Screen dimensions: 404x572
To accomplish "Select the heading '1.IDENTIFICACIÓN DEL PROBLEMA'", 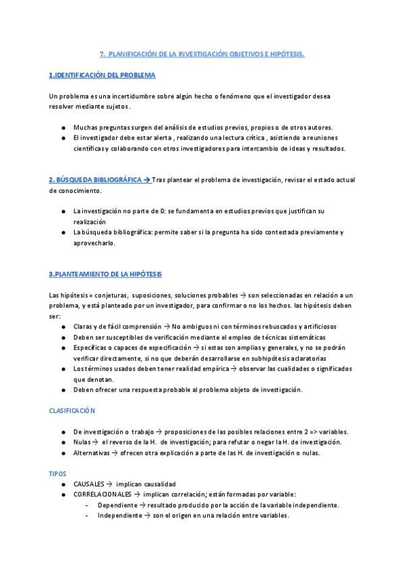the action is coord(102,75).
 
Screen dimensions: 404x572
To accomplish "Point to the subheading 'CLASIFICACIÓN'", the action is coord(72,410).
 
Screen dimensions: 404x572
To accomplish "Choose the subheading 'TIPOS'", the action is coord(58,474).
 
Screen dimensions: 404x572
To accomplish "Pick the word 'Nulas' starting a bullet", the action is coord(82,442).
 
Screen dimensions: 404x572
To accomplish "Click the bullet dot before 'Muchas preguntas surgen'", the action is coord(63,128).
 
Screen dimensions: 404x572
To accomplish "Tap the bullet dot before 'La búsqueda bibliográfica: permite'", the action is coord(63,233).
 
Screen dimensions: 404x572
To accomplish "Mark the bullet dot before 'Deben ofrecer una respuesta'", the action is coord(63,390).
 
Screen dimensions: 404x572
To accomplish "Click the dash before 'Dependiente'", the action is coord(88,505).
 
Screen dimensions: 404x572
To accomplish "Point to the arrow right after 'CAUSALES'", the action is coord(111,484).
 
